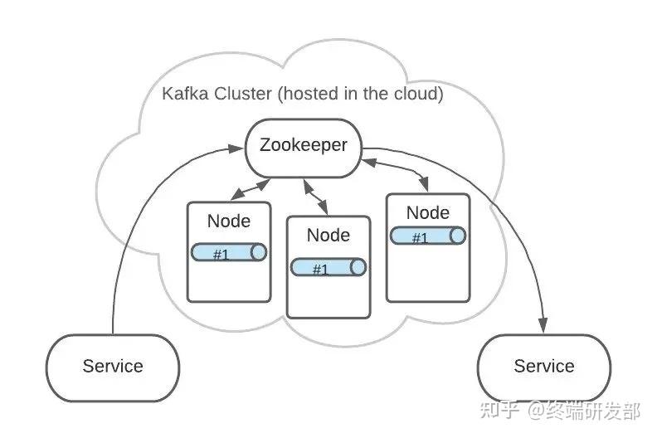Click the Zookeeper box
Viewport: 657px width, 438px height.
pos(303,148)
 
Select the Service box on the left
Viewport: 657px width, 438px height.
pos(113,367)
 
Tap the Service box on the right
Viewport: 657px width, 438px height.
pos(544,367)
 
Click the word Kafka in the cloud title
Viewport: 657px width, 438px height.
pos(185,93)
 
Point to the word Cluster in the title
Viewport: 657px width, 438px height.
pos(242,93)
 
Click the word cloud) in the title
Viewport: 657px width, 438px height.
pos(418,94)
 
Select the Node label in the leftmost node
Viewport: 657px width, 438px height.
pos(229,221)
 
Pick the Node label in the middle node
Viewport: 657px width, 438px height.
pos(328,235)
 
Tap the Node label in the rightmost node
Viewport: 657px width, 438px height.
pos(428,212)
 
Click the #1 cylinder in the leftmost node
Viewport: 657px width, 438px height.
pos(229,252)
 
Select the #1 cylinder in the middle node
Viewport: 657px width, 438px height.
pos(328,267)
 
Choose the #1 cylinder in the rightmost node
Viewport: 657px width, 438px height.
pos(428,236)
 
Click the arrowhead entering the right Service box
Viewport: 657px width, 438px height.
pos(543,325)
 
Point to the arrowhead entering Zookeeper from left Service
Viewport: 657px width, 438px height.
pos(236,148)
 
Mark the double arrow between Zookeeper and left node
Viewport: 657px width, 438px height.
pos(251,189)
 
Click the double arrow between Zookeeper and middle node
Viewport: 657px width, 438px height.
pos(316,197)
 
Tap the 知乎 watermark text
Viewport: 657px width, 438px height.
pos(500,411)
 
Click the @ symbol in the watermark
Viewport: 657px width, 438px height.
pos(536,411)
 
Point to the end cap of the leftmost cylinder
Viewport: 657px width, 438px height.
pos(259,252)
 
